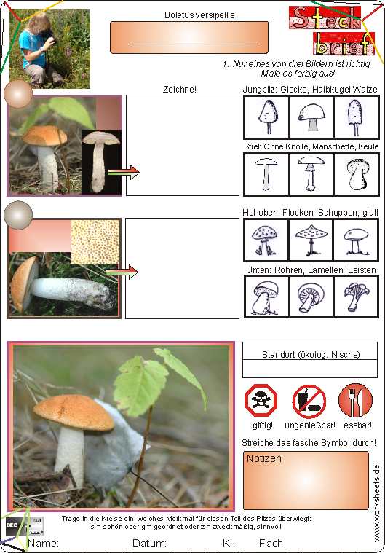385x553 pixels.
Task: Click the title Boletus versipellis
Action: (x=199, y=15)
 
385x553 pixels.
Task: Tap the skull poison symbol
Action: (x=261, y=400)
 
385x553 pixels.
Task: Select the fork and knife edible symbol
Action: (x=355, y=400)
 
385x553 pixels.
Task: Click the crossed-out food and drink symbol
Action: (x=309, y=401)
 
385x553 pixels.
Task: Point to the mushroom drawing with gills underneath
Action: (x=311, y=297)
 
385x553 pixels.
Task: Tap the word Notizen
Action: (x=264, y=458)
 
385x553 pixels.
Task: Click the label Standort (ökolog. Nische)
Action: (x=311, y=354)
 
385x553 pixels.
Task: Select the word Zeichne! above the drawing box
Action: (x=179, y=89)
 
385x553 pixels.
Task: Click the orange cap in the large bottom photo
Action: (x=74, y=412)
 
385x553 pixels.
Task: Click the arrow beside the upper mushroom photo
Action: (x=124, y=172)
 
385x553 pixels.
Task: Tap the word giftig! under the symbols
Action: (x=263, y=425)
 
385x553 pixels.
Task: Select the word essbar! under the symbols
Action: (x=357, y=425)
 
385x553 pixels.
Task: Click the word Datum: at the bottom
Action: (x=149, y=543)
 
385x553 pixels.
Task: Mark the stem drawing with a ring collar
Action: (x=311, y=173)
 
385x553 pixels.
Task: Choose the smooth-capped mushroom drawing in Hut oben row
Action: (x=356, y=240)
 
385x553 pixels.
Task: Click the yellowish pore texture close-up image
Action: (x=95, y=242)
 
